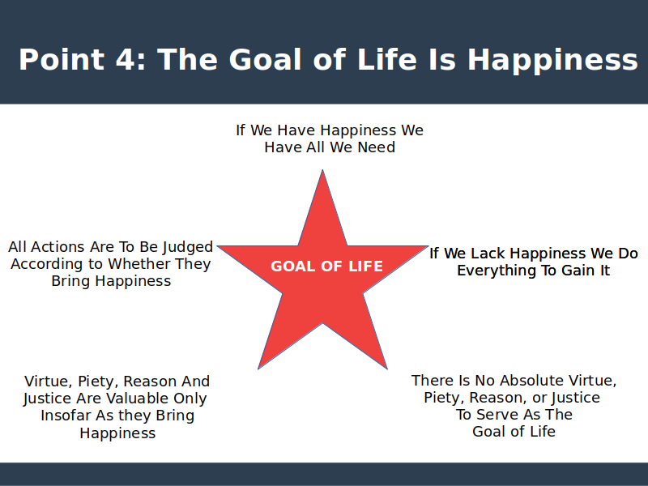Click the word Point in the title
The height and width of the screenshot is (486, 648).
(x=62, y=59)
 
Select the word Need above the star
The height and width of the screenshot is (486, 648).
(x=376, y=147)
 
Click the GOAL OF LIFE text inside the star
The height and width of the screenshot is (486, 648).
(x=326, y=266)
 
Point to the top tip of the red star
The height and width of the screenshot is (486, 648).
(x=322, y=170)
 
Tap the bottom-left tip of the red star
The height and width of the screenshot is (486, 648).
(x=258, y=369)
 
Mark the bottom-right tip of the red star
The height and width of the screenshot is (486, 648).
(x=387, y=369)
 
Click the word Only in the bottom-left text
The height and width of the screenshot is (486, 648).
(x=190, y=399)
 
